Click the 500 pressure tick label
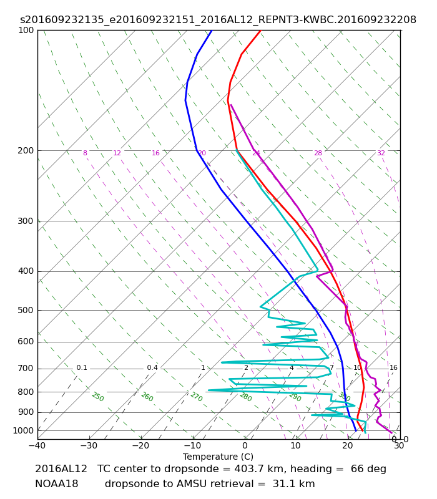[26, 310]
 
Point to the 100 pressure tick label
[26, 30]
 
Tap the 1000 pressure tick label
[23, 430]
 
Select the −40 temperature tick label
[37, 445]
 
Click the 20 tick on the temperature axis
[348, 445]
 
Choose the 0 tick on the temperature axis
[245, 445]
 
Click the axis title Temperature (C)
[218, 457]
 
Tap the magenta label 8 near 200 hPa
[85, 153]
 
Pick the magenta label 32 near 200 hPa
[381, 153]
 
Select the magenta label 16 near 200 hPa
[155, 153]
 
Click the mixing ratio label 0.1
[82, 367]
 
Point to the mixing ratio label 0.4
[152, 367]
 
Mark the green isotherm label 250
[98, 397]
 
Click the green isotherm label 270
[197, 397]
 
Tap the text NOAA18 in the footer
[57, 484]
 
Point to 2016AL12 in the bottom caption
[61, 469]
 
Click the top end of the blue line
[212, 30]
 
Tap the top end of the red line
[261, 30]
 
